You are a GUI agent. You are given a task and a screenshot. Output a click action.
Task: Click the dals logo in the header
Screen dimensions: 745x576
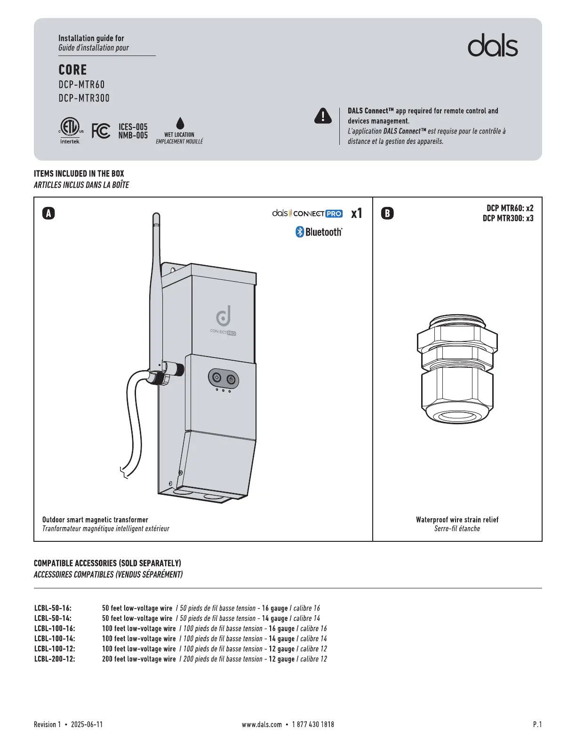(x=492, y=46)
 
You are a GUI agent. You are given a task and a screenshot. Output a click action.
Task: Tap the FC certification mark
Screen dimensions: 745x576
(x=101, y=131)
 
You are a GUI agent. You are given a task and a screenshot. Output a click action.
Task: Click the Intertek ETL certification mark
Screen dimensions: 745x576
(x=70, y=130)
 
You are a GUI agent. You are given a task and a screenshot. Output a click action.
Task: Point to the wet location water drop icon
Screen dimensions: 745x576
(x=180, y=123)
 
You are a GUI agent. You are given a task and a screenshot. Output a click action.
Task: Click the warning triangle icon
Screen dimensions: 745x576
(x=323, y=116)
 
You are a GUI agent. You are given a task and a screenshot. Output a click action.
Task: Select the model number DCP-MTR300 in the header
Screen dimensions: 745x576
(x=84, y=98)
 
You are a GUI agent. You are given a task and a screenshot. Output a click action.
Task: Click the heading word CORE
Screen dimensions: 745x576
(x=72, y=70)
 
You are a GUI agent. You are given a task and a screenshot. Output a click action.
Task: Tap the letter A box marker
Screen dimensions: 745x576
(x=48, y=214)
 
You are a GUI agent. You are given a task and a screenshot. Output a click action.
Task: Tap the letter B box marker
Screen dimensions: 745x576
(x=387, y=214)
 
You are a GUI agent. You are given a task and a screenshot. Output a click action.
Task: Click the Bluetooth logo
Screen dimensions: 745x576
(x=319, y=232)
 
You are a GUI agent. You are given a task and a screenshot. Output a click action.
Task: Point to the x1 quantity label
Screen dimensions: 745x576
(x=357, y=214)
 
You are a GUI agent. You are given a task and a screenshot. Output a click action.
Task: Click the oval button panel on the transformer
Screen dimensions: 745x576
(x=224, y=379)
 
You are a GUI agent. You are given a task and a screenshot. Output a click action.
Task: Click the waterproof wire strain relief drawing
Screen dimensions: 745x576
(x=457, y=369)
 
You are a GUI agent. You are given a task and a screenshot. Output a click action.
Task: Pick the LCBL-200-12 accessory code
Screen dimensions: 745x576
(x=55, y=659)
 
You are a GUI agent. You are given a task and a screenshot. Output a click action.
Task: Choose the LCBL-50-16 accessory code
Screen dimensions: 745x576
(x=53, y=608)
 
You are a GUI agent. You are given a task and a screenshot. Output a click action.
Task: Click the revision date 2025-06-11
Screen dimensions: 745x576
(x=87, y=724)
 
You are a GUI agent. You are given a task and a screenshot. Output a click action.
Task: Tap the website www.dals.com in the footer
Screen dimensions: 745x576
(x=262, y=724)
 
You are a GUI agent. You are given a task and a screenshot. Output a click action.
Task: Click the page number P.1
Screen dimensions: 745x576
(x=537, y=724)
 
